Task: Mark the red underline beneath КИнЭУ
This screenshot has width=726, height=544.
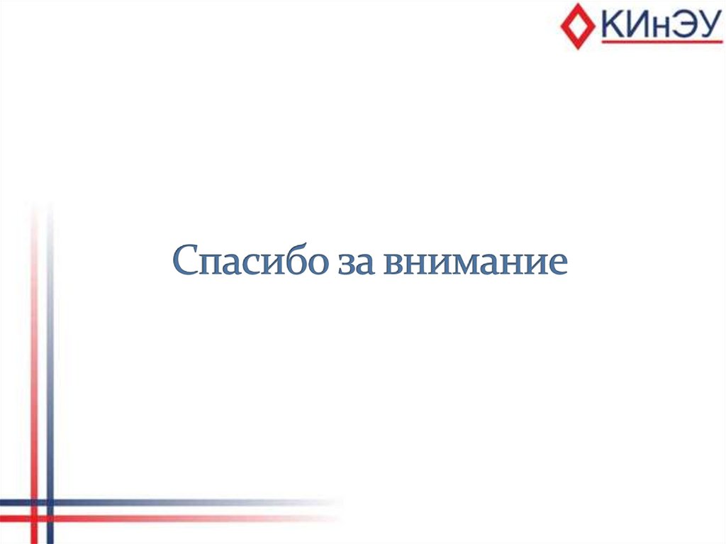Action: point(660,42)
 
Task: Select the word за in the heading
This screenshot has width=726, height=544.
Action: point(360,262)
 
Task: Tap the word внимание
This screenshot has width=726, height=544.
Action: point(476,262)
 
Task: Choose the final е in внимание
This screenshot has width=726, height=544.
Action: point(558,263)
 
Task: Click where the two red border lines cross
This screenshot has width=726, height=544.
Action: point(33,518)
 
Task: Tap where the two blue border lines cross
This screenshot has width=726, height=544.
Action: point(50,503)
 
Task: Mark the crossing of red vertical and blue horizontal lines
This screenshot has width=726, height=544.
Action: point(33,503)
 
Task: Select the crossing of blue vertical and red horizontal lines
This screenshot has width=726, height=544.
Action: point(50,518)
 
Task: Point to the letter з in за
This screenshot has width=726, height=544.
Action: point(350,263)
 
